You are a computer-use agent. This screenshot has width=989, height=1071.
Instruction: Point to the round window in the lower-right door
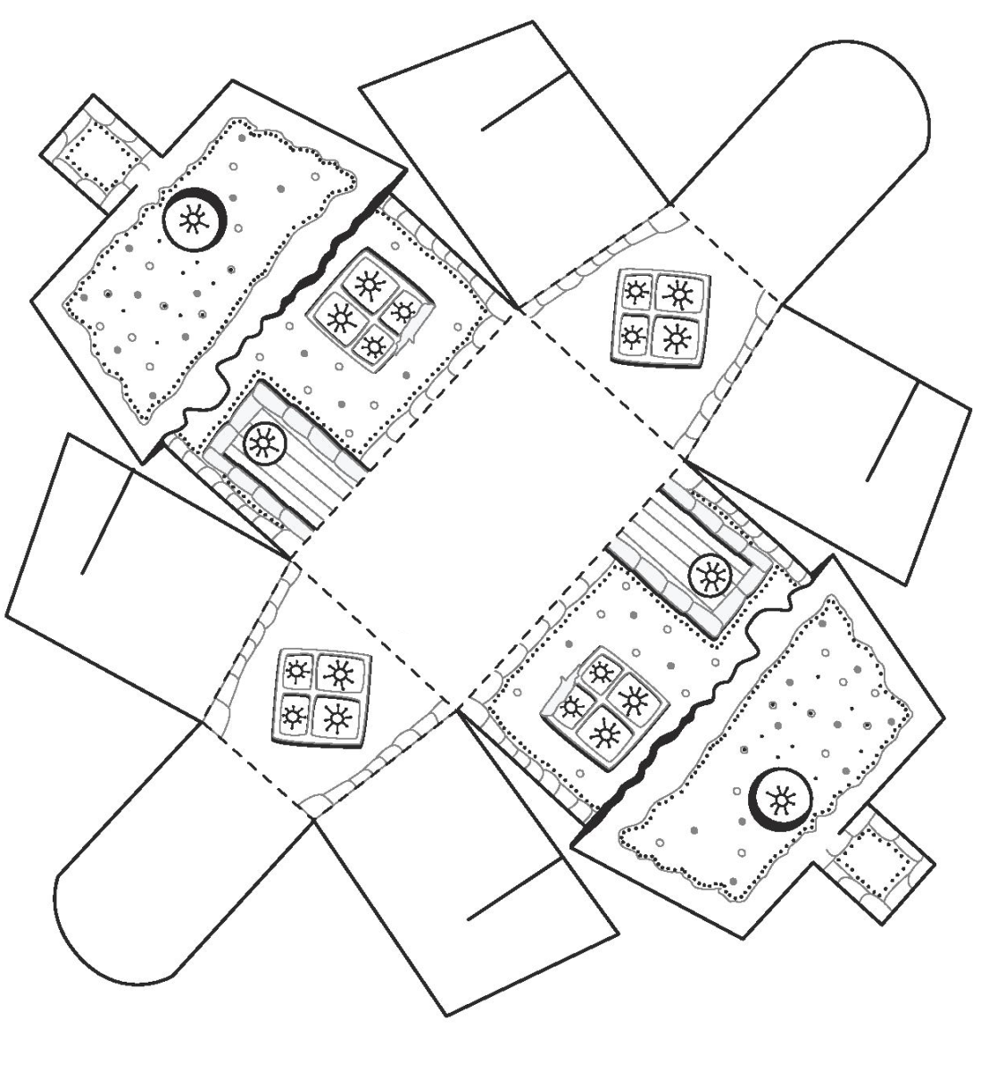[711, 576]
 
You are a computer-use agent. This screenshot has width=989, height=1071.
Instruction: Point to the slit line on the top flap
[525, 103]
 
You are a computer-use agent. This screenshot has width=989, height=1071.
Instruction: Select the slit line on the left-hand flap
[106, 522]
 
